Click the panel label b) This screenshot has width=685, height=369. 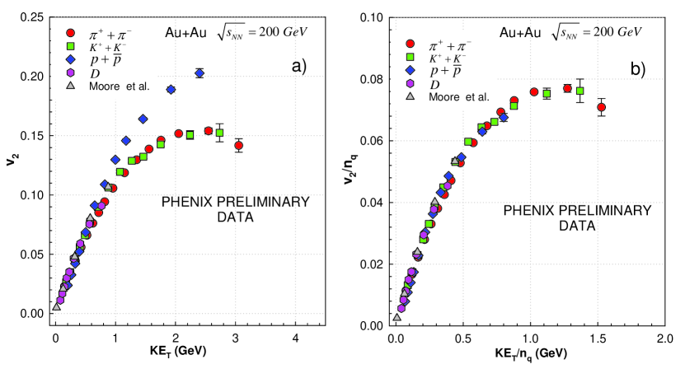(637, 68)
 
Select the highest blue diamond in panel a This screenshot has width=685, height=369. (199, 73)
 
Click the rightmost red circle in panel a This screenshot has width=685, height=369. (239, 146)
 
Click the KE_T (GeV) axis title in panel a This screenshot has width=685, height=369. (175, 354)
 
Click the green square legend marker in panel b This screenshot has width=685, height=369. (410, 56)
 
